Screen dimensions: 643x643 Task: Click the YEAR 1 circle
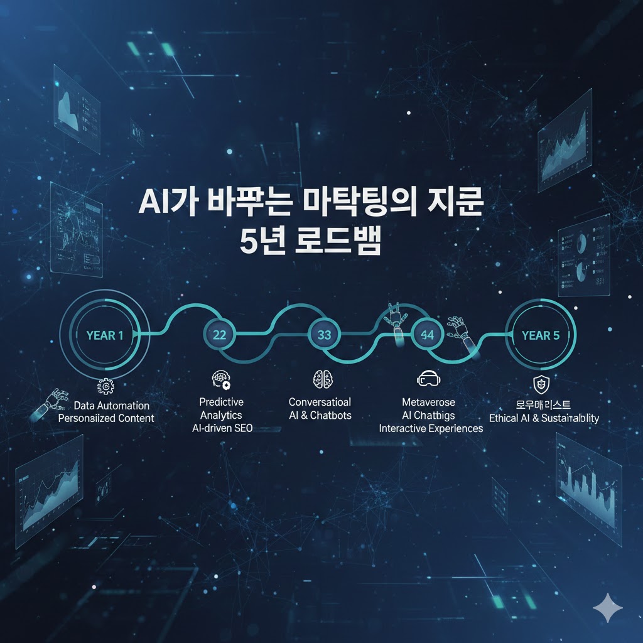tap(104, 335)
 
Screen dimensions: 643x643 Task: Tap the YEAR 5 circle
tap(540, 335)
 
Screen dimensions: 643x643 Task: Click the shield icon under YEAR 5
tap(540, 383)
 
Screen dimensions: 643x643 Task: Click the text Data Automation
tap(111, 406)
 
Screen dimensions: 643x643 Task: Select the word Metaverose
tap(428, 402)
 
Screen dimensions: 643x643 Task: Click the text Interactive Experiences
tap(431, 429)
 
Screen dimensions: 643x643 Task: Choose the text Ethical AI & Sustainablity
tap(543, 418)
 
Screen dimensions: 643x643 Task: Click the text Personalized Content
tap(105, 418)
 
